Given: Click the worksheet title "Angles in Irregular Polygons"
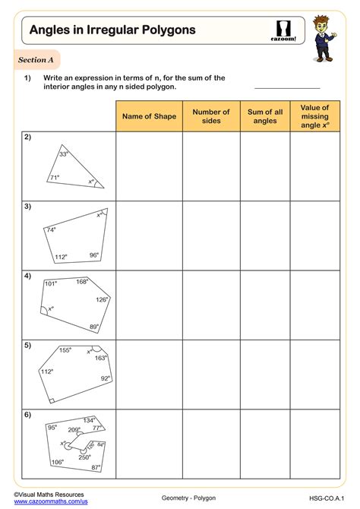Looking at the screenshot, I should (112, 30).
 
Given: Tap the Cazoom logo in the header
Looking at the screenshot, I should (283, 30).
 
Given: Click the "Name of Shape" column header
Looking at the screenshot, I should (149, 116).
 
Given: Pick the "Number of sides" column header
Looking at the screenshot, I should (211, 116).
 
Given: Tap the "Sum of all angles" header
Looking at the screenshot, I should (265, 116).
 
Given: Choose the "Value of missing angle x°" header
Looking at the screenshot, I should (314, 116).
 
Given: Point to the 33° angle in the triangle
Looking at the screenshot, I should (64, 154).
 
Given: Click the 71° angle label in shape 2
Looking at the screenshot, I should (54, 179).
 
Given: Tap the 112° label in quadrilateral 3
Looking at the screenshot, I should (61, 257).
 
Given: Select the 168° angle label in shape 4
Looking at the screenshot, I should (82, 282).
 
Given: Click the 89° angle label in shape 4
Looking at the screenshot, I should (94, 327).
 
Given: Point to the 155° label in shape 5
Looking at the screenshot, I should (65, 350).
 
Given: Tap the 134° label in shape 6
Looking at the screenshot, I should (90, 420).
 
